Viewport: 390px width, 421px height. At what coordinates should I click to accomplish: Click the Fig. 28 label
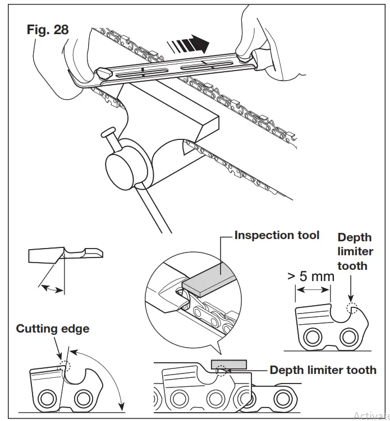pyautogui.click(x=48, y=30)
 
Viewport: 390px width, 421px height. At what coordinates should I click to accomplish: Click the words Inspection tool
pyautogui.click(x=277, y=235)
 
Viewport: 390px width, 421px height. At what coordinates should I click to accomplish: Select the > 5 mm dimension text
pyautogui.click(x=310, y=276)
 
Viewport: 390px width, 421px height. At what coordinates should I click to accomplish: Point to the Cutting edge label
pyautogui.click(x=52, y=328)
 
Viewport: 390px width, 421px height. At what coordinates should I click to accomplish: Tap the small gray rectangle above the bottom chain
pyautogui.click(x=227, y=364)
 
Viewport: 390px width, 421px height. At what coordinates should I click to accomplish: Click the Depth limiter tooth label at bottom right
pyautogui.click(x=323, y=370)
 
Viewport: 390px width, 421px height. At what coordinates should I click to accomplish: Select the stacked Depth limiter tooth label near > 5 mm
pyautogui.click(x=355, y=252)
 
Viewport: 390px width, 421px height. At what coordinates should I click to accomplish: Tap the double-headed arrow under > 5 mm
pyautogui.click(x=313, y=290)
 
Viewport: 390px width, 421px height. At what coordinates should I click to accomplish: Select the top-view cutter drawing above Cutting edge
pyautogui.click(x=66, y=255)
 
